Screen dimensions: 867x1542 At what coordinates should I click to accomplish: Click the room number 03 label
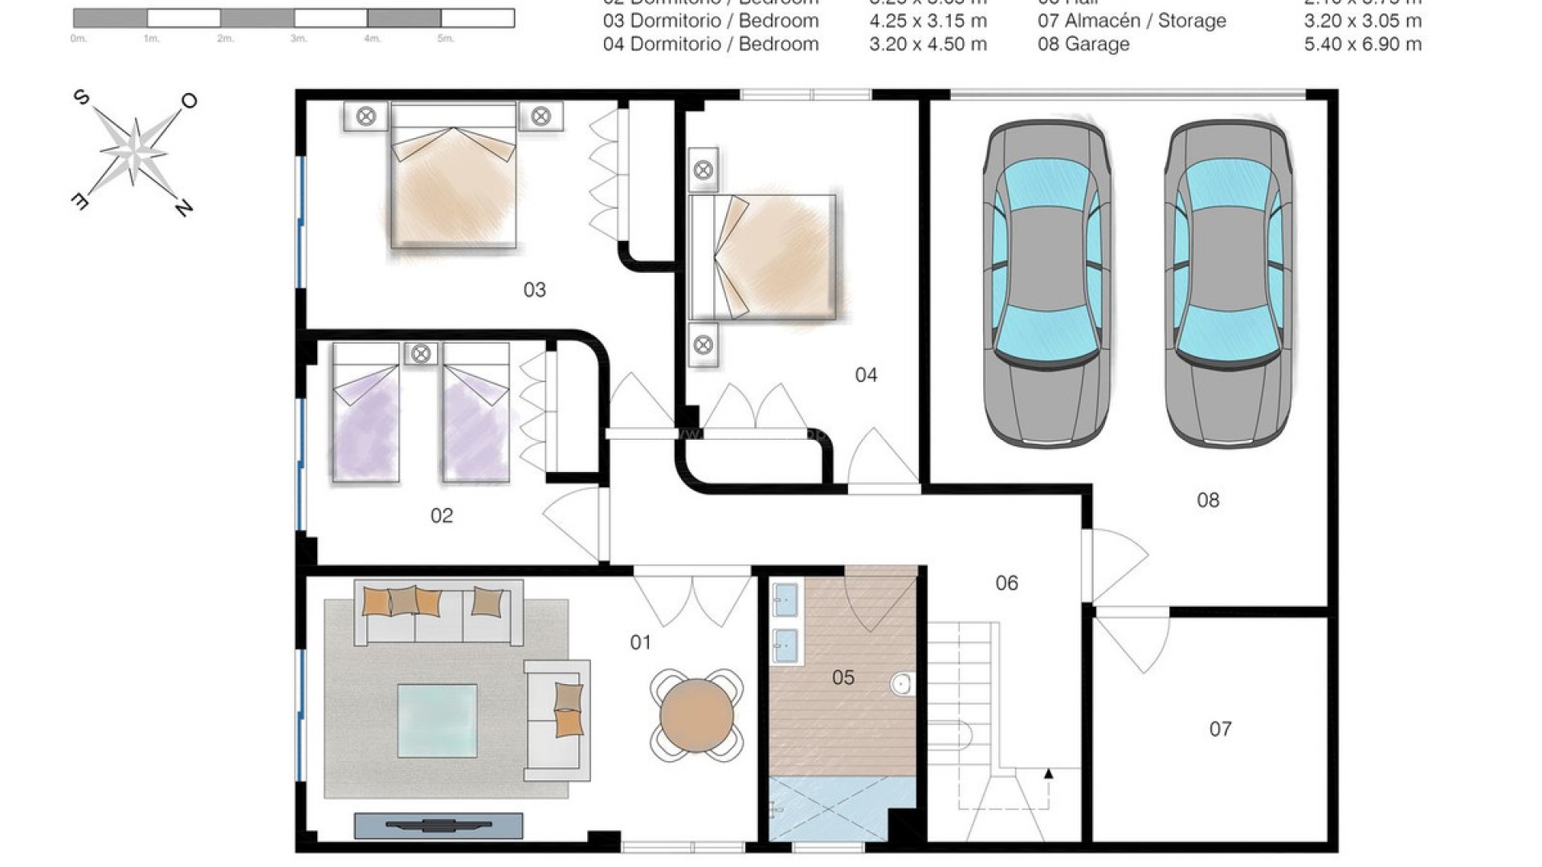coord(535,290)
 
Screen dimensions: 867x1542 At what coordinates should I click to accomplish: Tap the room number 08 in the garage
coord(1208,500)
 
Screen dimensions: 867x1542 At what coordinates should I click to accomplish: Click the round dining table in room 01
coord(696,714)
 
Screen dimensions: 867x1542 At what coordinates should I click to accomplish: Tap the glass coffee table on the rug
coord(438,720)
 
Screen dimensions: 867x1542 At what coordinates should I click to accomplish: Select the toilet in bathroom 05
coord(901,684)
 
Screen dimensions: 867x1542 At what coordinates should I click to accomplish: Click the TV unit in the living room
coord(439,824)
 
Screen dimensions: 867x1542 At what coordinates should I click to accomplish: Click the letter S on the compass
coord(81,98)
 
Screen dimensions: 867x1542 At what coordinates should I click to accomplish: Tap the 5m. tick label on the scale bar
coord(446,39)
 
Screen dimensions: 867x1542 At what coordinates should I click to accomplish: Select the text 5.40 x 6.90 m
coord(1362,44)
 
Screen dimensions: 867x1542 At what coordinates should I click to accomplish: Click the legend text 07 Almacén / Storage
coord(1132,21)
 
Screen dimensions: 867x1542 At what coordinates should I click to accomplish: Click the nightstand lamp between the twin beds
coord(421,353)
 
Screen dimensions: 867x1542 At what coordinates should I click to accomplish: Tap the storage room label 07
coord(1220,729)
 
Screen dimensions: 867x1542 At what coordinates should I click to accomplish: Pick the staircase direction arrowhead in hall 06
coord(1048,774)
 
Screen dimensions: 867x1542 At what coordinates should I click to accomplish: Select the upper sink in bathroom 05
coord(785,597)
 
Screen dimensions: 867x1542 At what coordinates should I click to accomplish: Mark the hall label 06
coord(1006,584)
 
